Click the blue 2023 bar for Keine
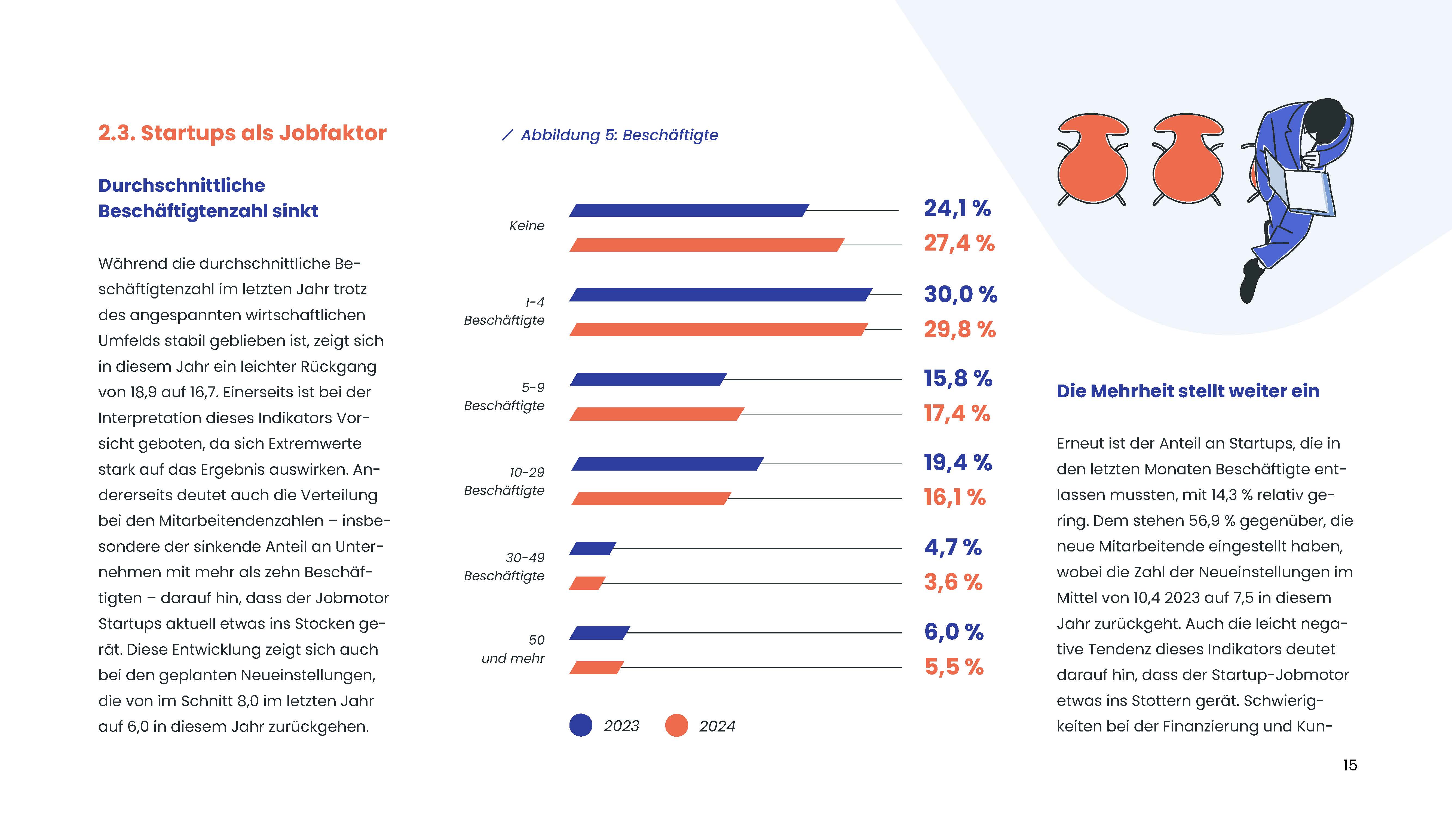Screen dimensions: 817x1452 [x=689, y=210]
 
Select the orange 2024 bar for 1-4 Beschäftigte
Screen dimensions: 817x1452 [x=719, y=329]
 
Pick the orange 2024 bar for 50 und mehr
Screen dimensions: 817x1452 [x=596, y=667]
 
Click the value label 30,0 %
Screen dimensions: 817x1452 [x=960, y=294]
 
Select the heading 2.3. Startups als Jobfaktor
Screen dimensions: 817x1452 [x=242, y=133]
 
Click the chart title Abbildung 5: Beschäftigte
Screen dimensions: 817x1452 [x=619, y=135]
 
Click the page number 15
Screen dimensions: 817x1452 [x=1350, y=765]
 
